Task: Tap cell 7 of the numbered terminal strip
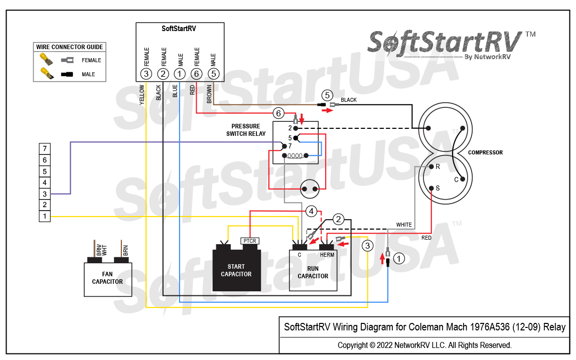pyautogui.click(x=45, y=149)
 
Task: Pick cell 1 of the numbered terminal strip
pyautogui.click(x=45, y=216)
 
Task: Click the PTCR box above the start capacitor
pyautogui.click(x=250, y=241)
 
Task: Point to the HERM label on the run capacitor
pyautogui.click(x=327, y=255)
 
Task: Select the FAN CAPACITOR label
pyautogui.click(x=107, y=278)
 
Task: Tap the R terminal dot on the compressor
pyautogui.click(x=431, y=166)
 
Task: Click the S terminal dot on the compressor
pyautogui.click(x=431, y=189)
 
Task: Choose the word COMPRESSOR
pyautogui.click(x=485, y=152)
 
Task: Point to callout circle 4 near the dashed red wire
pyautogui.click(x=312, y=212)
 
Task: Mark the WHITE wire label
pyautogui.click(x=404, y=225)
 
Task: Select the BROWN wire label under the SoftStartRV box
pyautogui.click(x=209, y=94)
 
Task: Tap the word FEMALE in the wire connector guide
pyautogui.click(x=91, y=60)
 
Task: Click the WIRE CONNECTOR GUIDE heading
pyautogui.click(x=70, y=47)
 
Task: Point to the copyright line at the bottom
pyautogui.click(x=424, y=345)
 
